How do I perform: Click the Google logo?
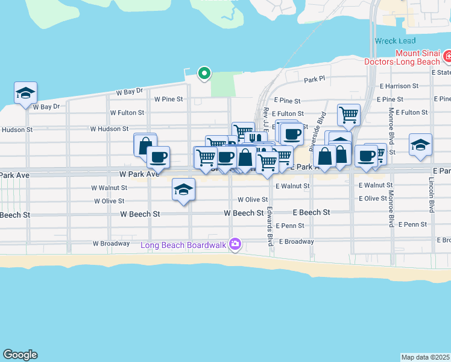[20, 355]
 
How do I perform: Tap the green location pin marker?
[204, 74]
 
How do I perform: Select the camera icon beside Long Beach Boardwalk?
[235, 244]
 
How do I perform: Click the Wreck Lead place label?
[394, 41]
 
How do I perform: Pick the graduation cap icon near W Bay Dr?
[25, 93]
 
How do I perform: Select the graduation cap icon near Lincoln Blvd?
[420, 145]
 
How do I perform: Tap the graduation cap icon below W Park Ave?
[183, 189]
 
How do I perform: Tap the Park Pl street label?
[314, 79]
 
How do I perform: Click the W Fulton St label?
[127, 113]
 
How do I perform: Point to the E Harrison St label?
[399, 86]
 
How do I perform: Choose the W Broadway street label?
[111, 244]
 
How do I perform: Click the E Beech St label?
[311, 213]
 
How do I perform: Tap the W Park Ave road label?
[139, 174]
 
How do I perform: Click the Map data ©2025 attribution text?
[426, 357]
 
